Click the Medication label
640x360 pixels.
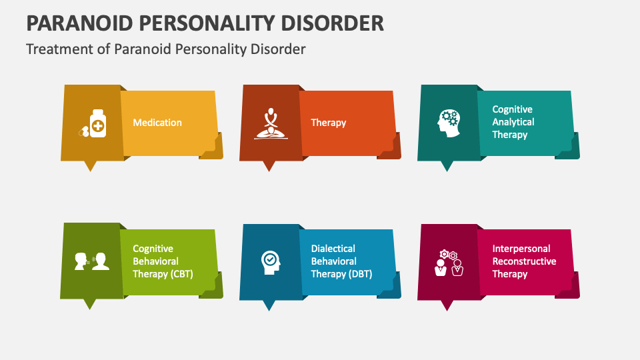click(157, 123)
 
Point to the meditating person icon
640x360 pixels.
click(270, 123)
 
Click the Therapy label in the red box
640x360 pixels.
click(329, 123)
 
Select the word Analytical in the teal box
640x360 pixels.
click(513, 122)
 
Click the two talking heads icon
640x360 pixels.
click(92, 261)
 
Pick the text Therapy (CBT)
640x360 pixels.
click(163, 274)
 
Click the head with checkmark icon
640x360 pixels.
click(270, 261)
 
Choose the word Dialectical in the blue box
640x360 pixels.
click(333, 249)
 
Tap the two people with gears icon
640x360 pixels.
click(448, 263)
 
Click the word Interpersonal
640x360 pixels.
click(521, 249)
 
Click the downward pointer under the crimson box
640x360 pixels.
click(447, 305)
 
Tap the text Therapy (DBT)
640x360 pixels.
click(341, 274)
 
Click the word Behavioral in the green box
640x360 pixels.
click(155, 261)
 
